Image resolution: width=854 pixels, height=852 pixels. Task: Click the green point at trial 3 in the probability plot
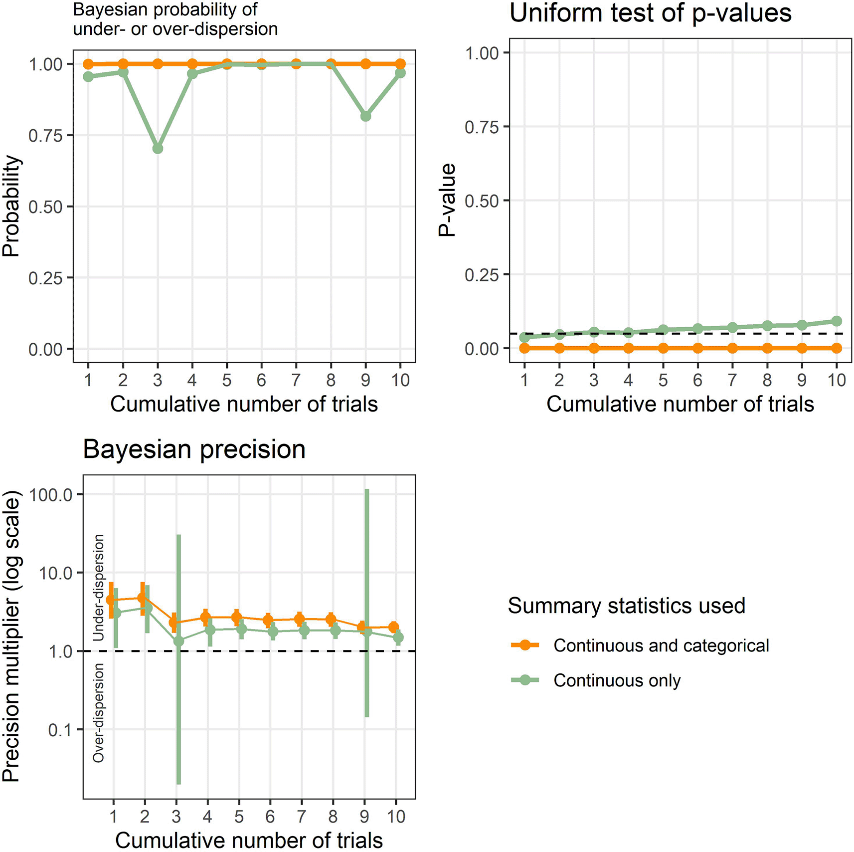pyautogui.click(x=158, y=149)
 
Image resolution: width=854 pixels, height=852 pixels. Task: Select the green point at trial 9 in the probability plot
pyautogui.click(x=365, y=116)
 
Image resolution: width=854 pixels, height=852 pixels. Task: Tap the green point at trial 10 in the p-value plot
pyautogui.click(x=837, y=321)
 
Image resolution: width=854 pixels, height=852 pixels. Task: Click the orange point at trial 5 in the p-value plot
pyautogui.click(x=663, y=348)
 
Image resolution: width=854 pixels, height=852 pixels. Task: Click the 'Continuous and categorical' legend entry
pyautogui.click(x=661, y=645)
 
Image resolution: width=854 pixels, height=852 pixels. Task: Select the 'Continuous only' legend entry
pyautogui.click(x=617, y=680)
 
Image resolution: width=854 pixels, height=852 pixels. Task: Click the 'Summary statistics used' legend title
pyautogui.click(x=626, y=606)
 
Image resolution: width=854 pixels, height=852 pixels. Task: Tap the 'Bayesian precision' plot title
pyautogui.click(x=194, y=449)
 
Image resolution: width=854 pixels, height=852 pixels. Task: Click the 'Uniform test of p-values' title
pyautogui.click(x=650, y=13)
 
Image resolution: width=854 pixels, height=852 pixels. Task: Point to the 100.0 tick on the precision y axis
pyautogui.click(x=51, y=495)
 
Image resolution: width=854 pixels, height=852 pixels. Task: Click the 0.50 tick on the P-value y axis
pyautogui.click(x=482, y=201)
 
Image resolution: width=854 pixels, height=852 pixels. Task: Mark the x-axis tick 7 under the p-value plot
pyautogui.click(x=732, y=381)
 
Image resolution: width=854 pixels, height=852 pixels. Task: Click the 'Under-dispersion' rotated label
pyautogui.click(x=99, y=587)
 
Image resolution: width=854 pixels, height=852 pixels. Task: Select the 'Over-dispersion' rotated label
pyautogui.click(x=99, y=713)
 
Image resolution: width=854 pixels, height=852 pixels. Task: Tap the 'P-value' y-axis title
pyautogui.click(x=447, y=200)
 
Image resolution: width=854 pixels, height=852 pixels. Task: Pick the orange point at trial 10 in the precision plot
pyautogui.click(x=393, y=627)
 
